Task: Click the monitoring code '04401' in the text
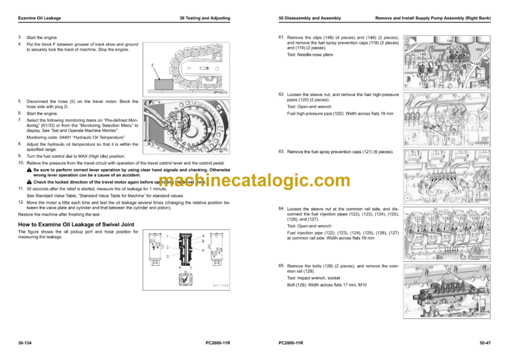coord(74,137)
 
